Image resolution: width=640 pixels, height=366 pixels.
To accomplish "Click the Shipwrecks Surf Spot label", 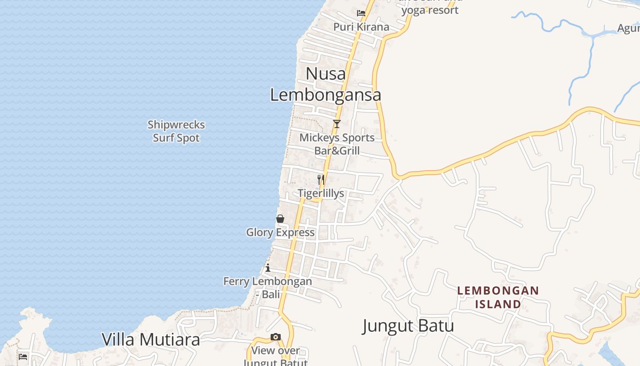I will pyautogui.click(x=176, y=131).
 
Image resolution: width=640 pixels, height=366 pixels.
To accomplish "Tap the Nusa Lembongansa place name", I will pyautogui.click(x=325, y=84).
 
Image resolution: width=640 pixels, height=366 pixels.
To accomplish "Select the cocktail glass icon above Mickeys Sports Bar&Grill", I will pyautogui.click(x=337, y=124).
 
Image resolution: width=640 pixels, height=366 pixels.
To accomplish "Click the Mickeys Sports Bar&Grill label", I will pyautogui.click(x=337, y=144).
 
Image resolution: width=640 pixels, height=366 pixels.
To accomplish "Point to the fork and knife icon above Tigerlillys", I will pyautogui.click(x=321, y=179).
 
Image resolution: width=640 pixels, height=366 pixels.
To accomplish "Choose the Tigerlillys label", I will pyautogui.click(x=321, y=193).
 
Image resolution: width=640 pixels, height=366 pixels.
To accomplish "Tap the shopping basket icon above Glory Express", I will pyautogui.click(x=280, y=219).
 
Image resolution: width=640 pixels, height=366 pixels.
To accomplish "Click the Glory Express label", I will pyautogui.click(x=280, y=232).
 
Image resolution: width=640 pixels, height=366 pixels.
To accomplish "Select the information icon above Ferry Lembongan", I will pyautogui.click(x=268, y=268).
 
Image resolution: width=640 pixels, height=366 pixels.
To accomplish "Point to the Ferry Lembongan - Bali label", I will pyautogui.click(x=268, y=288).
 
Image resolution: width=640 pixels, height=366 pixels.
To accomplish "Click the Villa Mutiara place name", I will pyautogui.click(x=151, y=339).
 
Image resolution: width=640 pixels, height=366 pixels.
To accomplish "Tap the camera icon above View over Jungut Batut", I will pyautogui.click(x=275, y=337).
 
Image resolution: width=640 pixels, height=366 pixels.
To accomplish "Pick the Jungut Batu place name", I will pyautogui.click(x=408, y=326).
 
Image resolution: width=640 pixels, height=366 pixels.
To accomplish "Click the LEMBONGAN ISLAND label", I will pyautogui.click(x=498, y=297).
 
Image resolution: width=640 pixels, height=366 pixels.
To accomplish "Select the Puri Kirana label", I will pyautogui.click(x=361, y=27).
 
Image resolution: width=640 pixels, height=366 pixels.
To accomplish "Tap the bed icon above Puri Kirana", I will pyautogui.click(x=361, y=13).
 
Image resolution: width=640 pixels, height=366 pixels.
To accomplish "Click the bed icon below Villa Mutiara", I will pyautogui.click(x=23, y=356).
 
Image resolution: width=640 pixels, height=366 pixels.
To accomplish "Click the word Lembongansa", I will pyautogui.click(x=325, y=95).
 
